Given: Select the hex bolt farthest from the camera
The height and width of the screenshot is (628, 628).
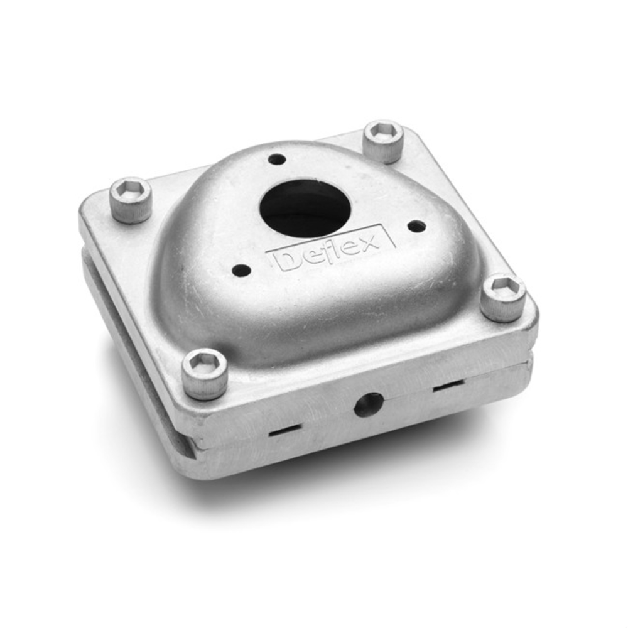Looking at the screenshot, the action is (384, 141).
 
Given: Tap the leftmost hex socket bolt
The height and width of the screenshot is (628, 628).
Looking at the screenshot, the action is (132, 199).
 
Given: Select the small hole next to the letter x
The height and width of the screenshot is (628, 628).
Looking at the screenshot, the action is (417, 226).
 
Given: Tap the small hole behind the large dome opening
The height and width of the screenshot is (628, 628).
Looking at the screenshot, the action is (277, 160).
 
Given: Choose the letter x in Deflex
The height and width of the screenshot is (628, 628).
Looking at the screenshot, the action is (369, 242).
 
